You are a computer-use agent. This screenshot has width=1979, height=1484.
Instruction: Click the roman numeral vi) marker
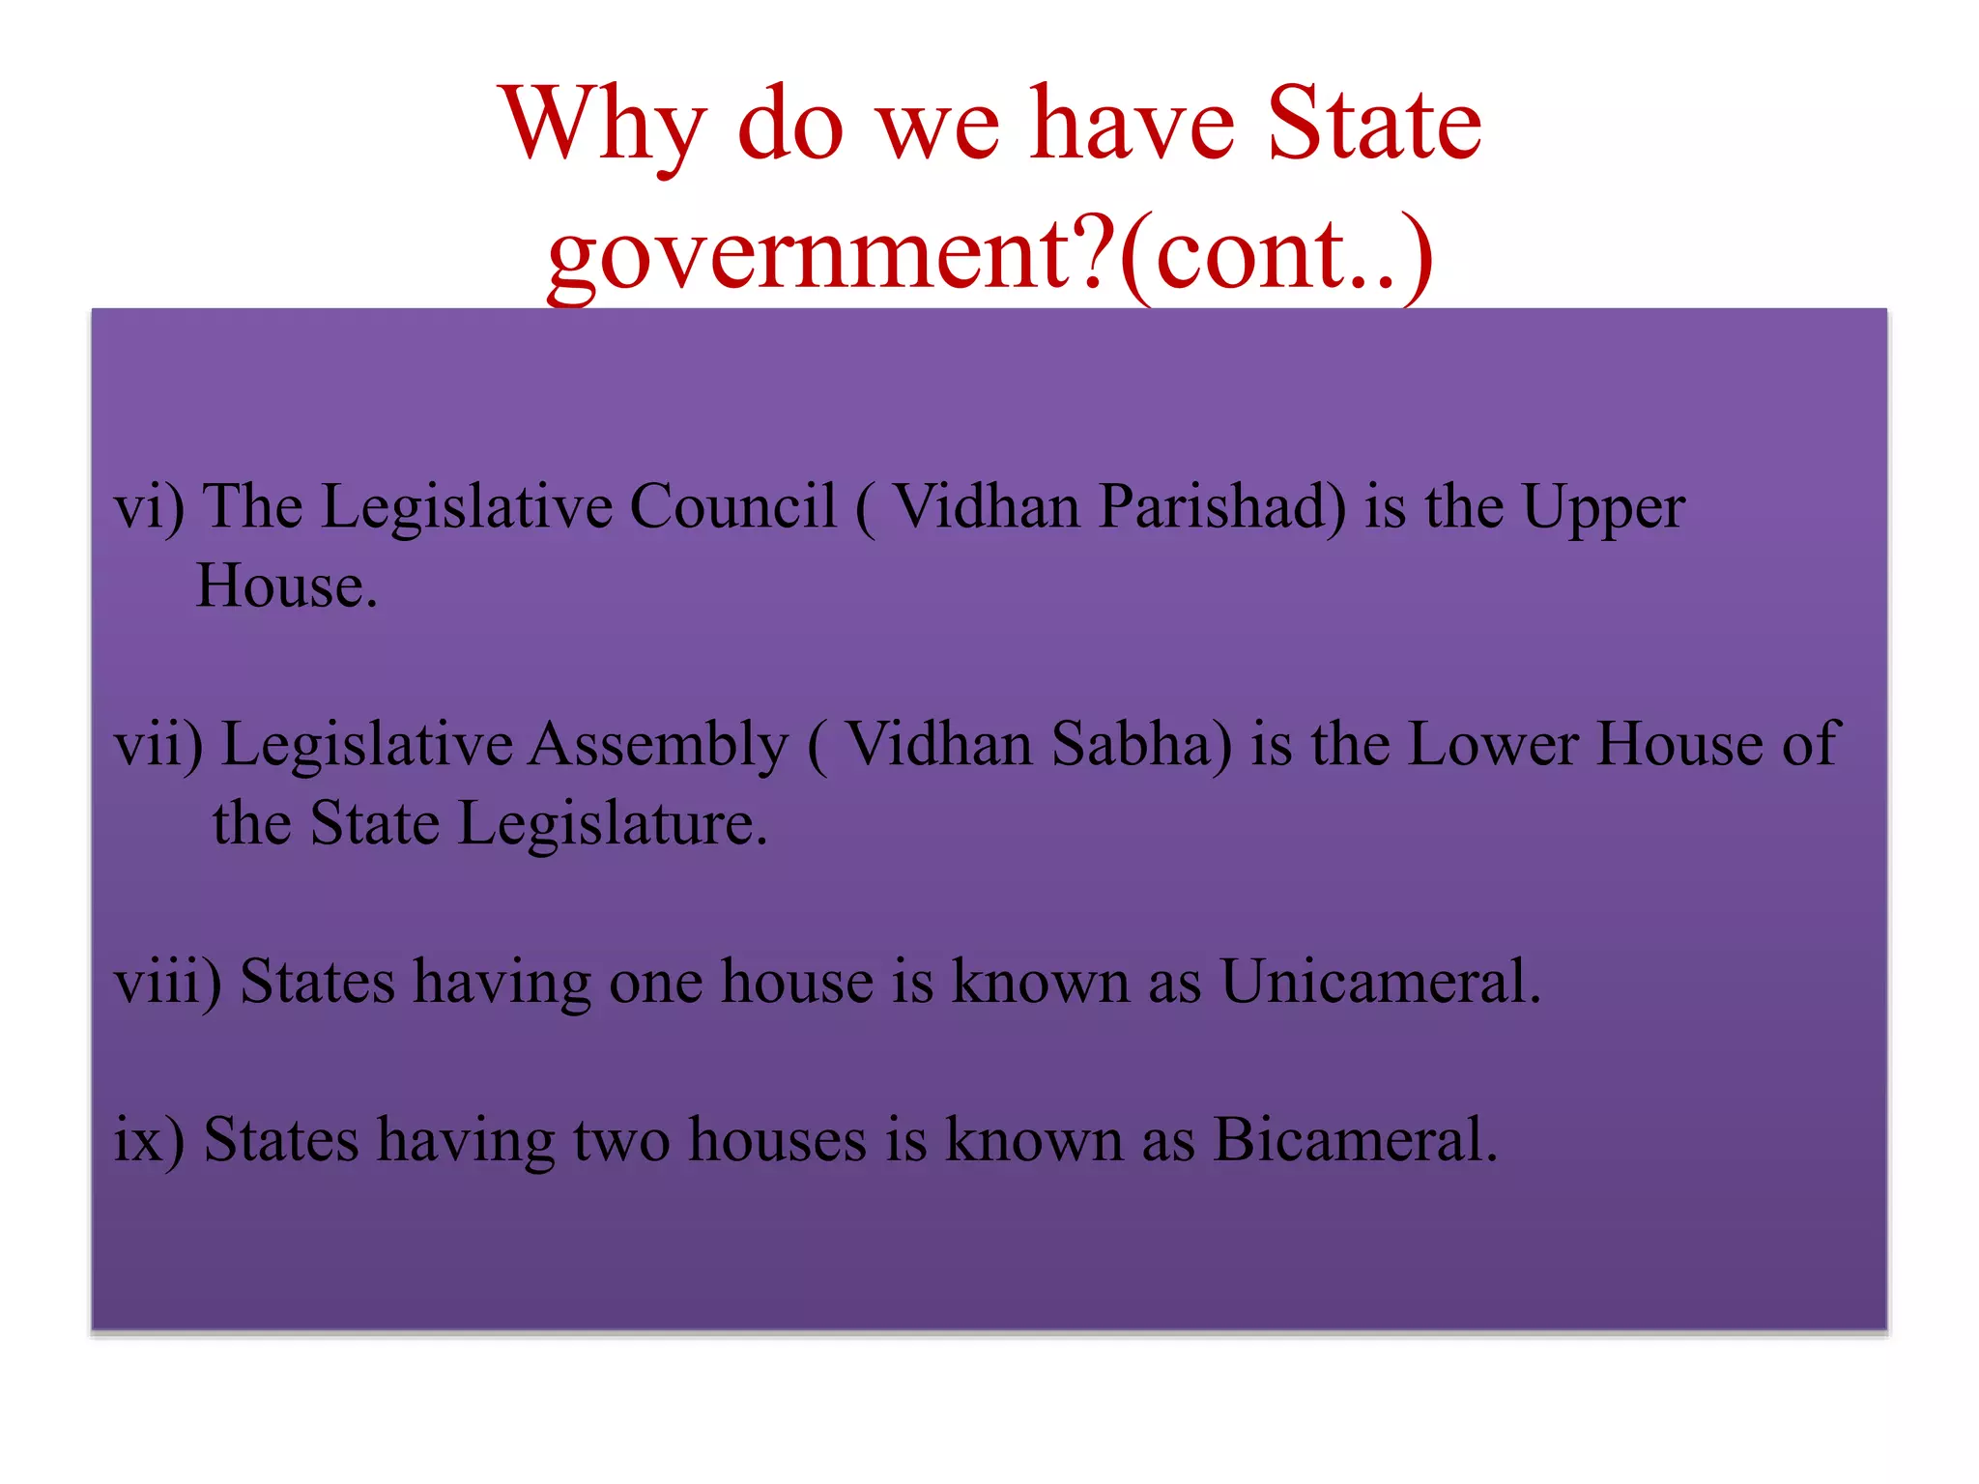[x=149, y=507]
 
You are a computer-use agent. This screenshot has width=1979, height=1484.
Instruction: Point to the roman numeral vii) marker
[x=158, y=745]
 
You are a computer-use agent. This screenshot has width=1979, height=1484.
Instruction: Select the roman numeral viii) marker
[x=167, y=983]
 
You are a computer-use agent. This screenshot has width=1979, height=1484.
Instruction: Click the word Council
[x=732, y=506]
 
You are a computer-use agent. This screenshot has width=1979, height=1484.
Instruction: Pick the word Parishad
[x=1222, y=506]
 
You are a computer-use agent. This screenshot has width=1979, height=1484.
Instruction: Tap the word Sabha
[x=1141, y=744]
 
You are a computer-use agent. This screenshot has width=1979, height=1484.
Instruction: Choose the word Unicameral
[x=1379, y=982]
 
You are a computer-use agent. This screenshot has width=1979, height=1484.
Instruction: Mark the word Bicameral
[x=1355, y=1140]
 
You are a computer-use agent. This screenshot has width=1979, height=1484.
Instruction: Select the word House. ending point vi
[x=286, y=586]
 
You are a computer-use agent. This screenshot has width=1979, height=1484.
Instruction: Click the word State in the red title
[x=1373, y=126]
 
